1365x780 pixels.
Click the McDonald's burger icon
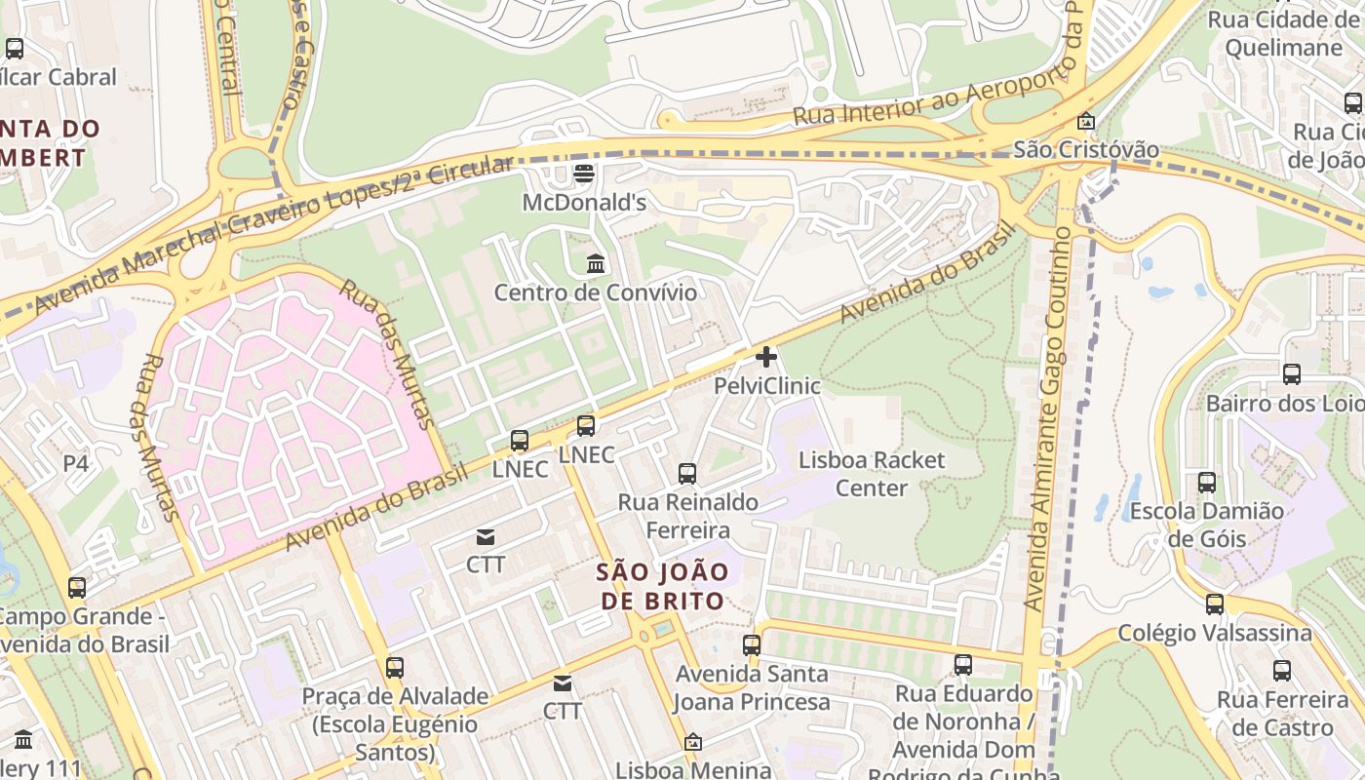584,175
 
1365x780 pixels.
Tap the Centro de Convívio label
596,292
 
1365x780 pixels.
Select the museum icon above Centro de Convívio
596,263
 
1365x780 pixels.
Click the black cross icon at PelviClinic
766,357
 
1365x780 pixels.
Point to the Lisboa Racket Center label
872,473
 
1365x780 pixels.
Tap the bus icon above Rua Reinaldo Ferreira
687,474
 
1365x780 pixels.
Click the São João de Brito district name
662,586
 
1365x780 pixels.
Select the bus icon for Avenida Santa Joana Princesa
751,644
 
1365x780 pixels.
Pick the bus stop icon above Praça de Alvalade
395,668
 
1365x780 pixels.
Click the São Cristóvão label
1086,149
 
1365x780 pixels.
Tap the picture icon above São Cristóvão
1085,122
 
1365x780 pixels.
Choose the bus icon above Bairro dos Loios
1292,373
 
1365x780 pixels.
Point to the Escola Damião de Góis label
1206,525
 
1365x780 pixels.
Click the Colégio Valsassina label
1215,633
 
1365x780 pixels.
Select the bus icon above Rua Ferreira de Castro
1282,671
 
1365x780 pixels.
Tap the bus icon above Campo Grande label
77,588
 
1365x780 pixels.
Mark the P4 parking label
76,464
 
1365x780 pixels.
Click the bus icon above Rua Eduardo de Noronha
963,665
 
